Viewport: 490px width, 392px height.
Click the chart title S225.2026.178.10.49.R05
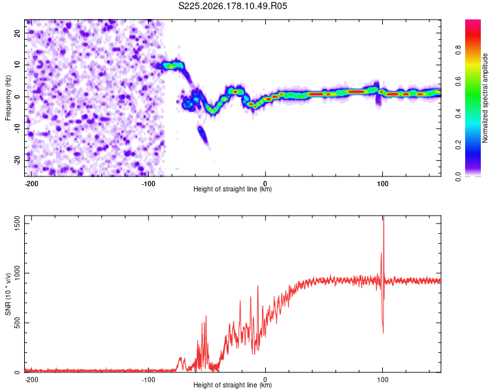click(233, 6)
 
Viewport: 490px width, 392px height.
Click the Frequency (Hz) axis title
click(8, 98)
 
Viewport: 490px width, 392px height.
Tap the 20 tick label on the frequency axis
click(17, 33)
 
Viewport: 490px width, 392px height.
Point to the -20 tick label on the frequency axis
click(17, 160)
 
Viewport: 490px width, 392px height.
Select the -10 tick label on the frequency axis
click(17, 129)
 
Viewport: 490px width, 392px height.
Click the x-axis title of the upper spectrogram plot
click(233, 189)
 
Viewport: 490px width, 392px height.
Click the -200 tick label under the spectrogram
click(31, 184)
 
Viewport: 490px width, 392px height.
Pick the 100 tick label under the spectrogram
click(382, 184)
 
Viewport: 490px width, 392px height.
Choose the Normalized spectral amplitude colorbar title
click(485, 98)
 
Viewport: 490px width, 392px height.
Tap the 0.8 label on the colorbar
click(458, 50)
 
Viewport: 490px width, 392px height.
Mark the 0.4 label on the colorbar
click(458, 114)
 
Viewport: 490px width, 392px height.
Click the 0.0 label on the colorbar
click(458, 177)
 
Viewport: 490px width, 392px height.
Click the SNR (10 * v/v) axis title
click(8, 294)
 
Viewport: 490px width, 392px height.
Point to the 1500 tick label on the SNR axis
click(17, 223)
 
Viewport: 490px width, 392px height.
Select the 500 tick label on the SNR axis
click(17, 323)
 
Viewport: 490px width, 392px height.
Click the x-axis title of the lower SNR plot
click(233, 385)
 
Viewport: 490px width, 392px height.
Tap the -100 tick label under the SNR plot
click(148, 380)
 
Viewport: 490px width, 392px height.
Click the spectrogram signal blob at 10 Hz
click(171, 66)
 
